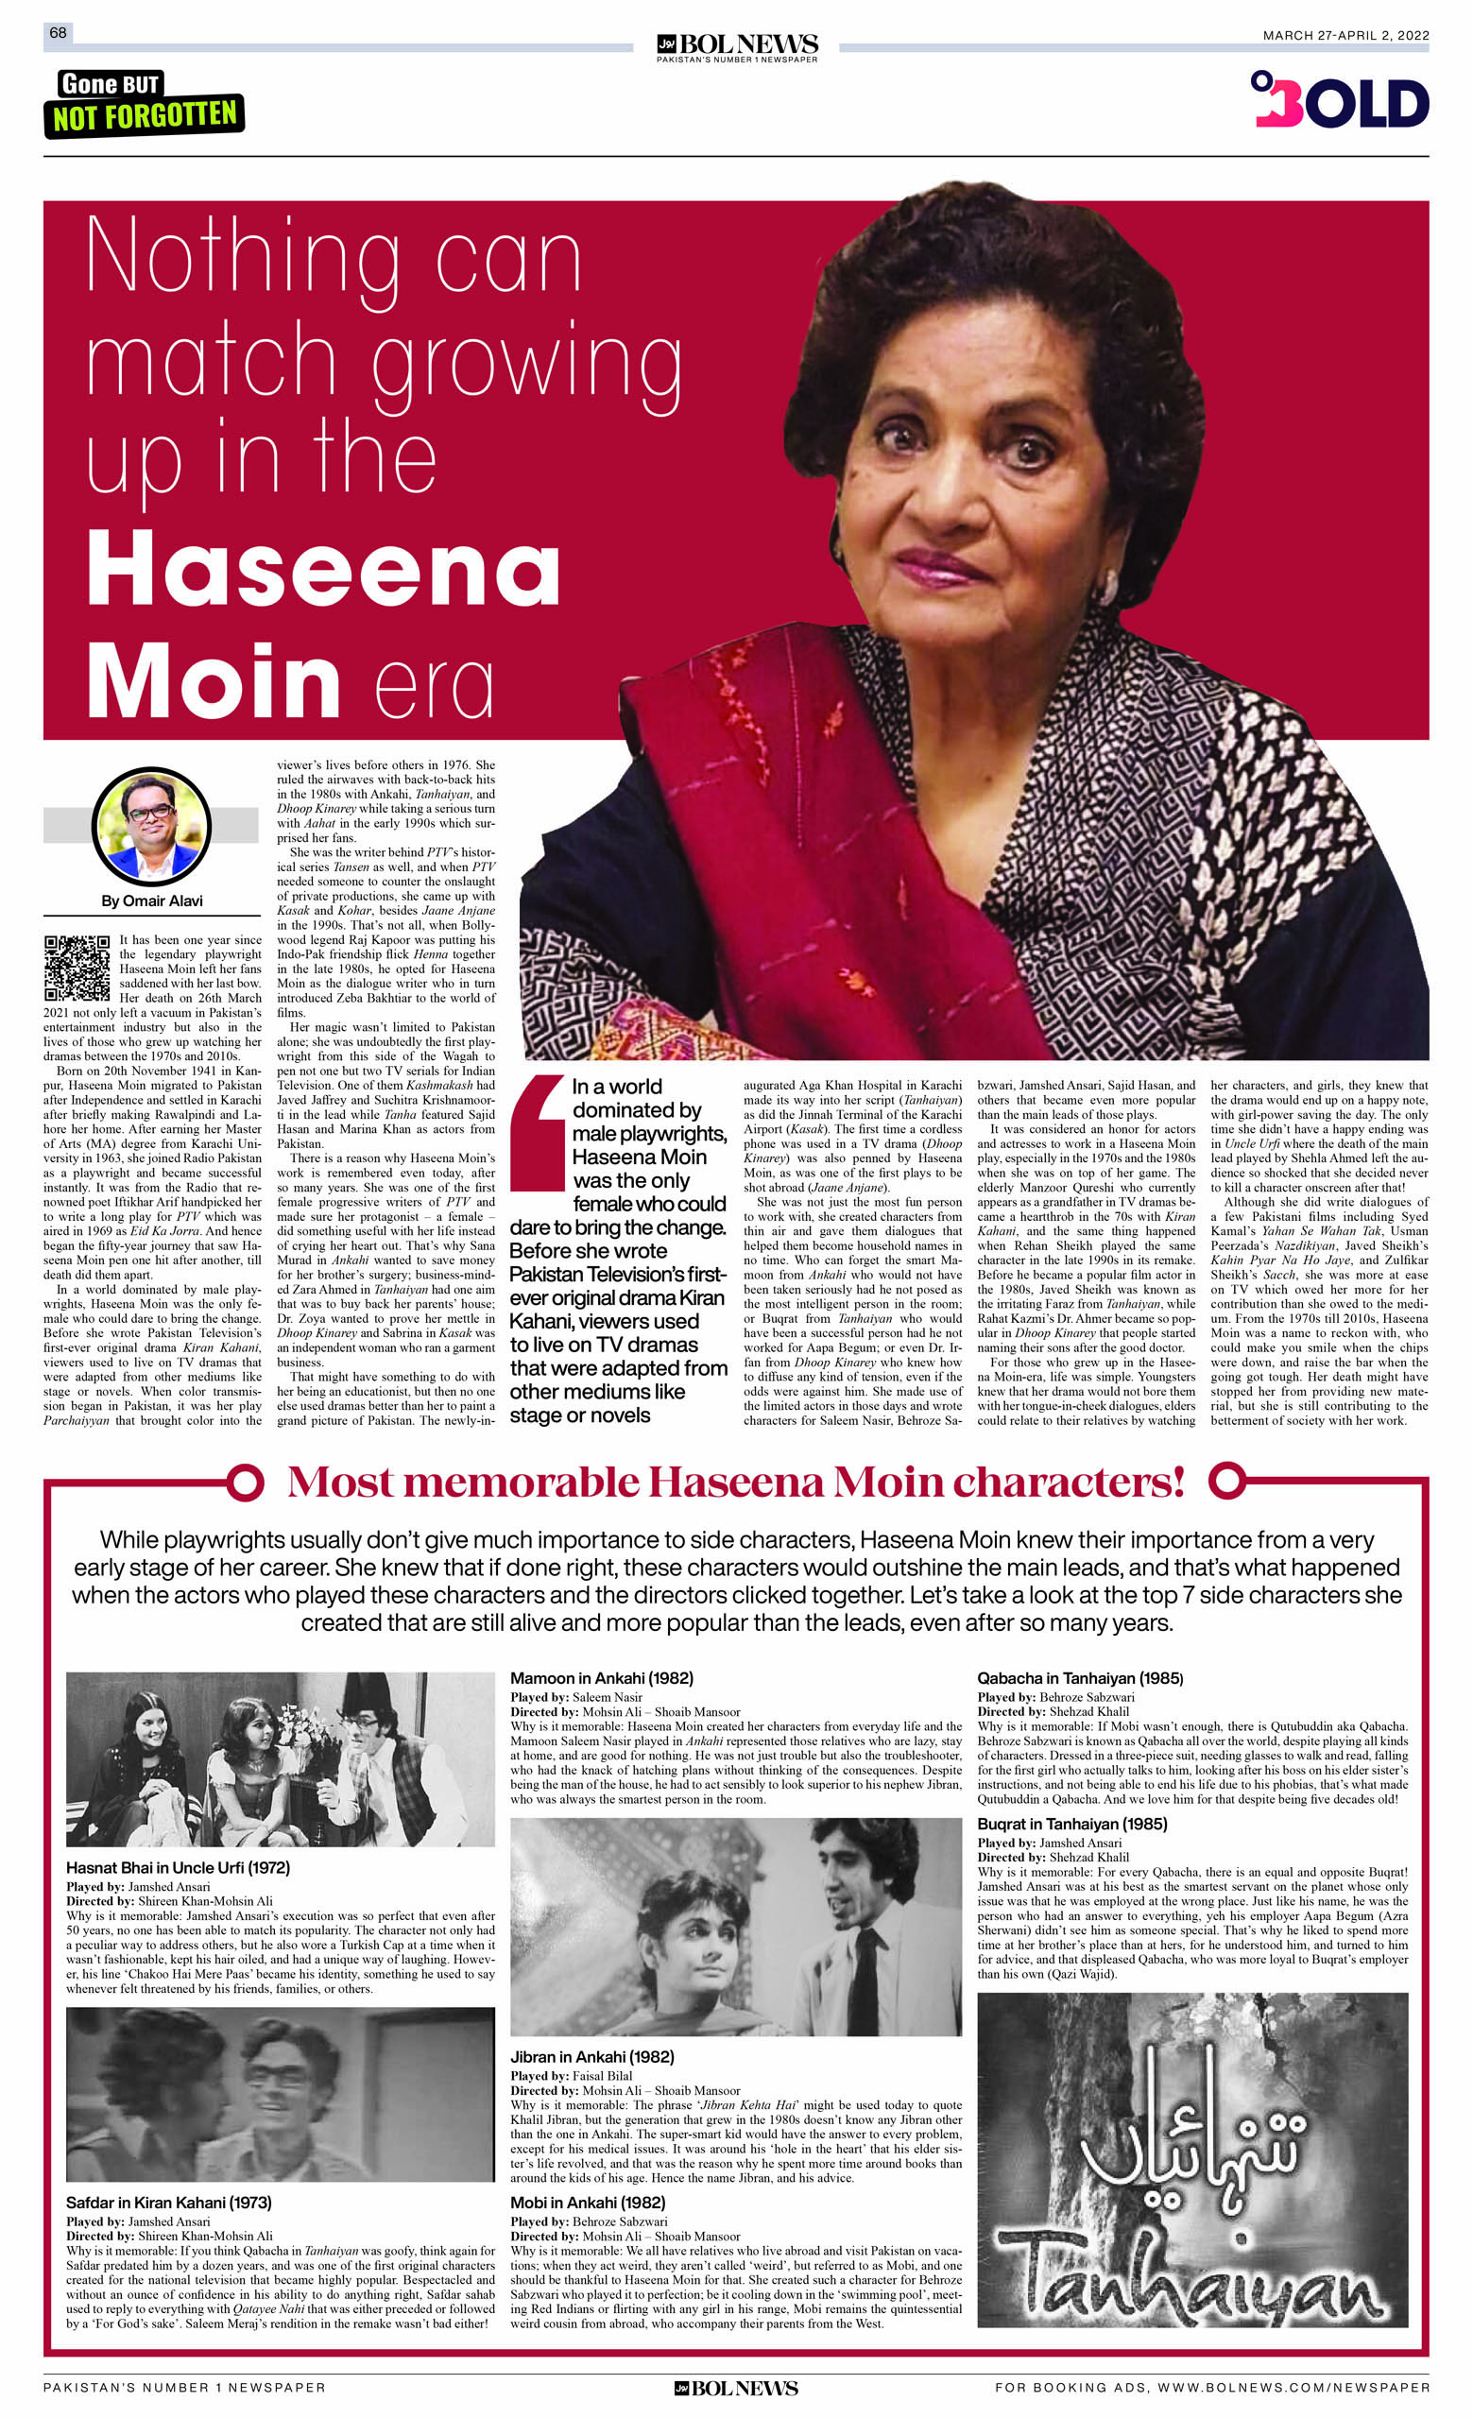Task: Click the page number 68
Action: pos(58,33)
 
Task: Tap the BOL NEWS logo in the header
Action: pos(736,46)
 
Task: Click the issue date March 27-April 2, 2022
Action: pos(1345,35)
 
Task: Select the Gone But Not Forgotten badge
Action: pos(144,103)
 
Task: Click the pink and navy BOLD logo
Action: pos(1339,100)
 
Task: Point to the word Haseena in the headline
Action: pos(324,570)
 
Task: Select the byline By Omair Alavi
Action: pos(152,900)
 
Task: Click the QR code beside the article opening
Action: pos(77,968)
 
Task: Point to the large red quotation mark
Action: pos(537,1131)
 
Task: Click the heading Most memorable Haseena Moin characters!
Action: pos(735,1483)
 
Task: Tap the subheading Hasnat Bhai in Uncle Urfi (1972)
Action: pos(178,1867)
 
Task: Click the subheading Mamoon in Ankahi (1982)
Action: pos(602,1678)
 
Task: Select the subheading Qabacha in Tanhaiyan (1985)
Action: pos(1080,1678)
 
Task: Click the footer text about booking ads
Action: pos(1211,2388)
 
